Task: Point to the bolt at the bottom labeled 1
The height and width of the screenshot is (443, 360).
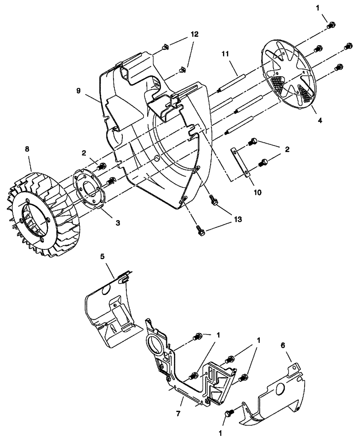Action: tap(229, 413)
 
